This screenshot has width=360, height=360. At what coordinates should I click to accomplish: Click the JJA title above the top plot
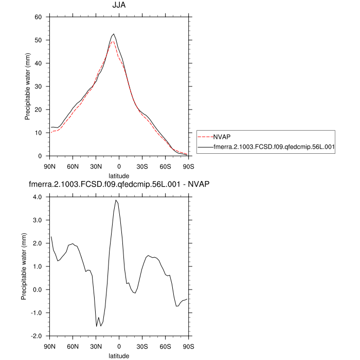pyautogui.click(x=119, y=6)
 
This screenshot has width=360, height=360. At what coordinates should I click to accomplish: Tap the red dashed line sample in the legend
pyautogui.click(x=205, y=137)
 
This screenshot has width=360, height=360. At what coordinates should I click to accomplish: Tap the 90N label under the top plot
pyautogui.click(x=49, y=167)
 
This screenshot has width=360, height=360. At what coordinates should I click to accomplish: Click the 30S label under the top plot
pyautogui.click(x=142, y=167)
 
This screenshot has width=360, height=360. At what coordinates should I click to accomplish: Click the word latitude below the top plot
pyautogui.click(x=119, y=176)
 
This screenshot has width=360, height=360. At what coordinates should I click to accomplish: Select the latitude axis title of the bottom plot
pyautogui.click(x=119, y=355)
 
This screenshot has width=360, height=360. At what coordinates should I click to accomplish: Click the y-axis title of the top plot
pyautogui.click(x=28, y=86)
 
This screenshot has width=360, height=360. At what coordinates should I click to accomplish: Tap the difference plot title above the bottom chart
pyautogui.click(x=119, y=184)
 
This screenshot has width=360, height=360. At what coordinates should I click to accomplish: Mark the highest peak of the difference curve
pyautogui.click(x=116, y=200)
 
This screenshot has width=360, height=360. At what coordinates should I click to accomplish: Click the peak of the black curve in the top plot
pyautogui.click(x=114, y=34)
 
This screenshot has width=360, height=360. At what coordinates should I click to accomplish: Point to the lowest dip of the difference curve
pyautogui.click(x=97, y=326)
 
